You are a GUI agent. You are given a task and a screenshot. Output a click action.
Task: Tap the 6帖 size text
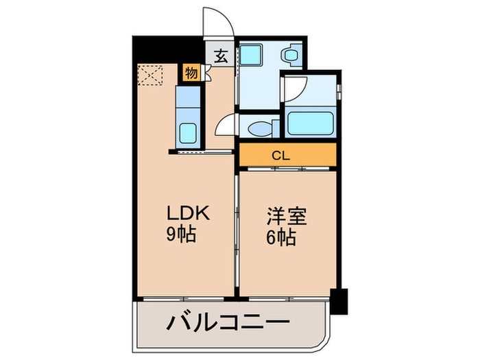(281, 239)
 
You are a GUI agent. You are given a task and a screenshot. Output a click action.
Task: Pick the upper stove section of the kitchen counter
(187, 98)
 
